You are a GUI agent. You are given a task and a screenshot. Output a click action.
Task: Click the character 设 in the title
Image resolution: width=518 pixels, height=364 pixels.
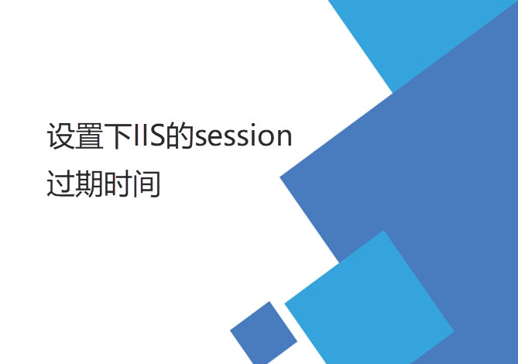60,137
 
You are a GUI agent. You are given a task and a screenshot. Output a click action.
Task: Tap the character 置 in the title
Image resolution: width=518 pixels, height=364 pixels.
90,137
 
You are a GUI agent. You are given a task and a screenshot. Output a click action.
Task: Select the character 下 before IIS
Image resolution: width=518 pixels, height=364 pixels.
118,137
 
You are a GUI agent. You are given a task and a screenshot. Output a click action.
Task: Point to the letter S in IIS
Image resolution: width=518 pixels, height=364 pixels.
157,137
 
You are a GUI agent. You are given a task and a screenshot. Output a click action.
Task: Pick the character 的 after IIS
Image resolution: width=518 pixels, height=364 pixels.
180,137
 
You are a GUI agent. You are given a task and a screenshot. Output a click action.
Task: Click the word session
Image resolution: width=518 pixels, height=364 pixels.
243,137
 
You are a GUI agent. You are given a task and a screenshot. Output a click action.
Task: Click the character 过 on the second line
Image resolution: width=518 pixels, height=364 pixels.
60,184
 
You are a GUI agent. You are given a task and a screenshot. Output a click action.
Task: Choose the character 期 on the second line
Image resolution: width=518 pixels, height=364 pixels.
90,184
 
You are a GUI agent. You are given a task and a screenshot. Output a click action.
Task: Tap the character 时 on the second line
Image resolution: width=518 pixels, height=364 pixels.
118,184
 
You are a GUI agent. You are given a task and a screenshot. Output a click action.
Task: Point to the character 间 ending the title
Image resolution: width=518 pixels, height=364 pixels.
146,184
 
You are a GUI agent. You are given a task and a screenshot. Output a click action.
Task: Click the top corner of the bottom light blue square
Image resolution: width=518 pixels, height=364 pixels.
383,230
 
